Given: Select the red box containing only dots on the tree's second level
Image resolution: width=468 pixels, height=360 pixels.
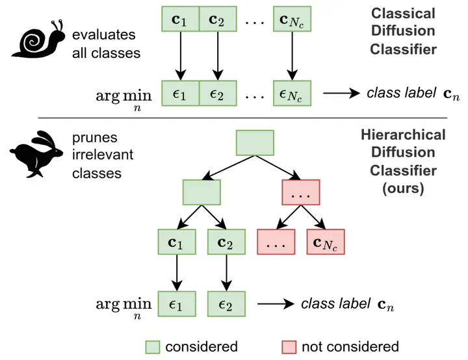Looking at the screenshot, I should [x=302, y=192].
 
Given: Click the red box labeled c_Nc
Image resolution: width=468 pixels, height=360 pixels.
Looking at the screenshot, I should [x=325, y=242].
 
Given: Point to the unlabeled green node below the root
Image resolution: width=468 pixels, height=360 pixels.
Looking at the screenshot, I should [x=202, y=192].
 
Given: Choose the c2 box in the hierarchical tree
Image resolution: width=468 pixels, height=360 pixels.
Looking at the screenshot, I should [x=226, y=242].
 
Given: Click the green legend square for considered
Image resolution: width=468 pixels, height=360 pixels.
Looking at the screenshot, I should [x=153, y=346].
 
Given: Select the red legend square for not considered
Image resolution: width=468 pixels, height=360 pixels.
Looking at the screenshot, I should [x=290, y=346].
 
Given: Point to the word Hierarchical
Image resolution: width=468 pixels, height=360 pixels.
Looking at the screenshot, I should [x=403, y=135].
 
